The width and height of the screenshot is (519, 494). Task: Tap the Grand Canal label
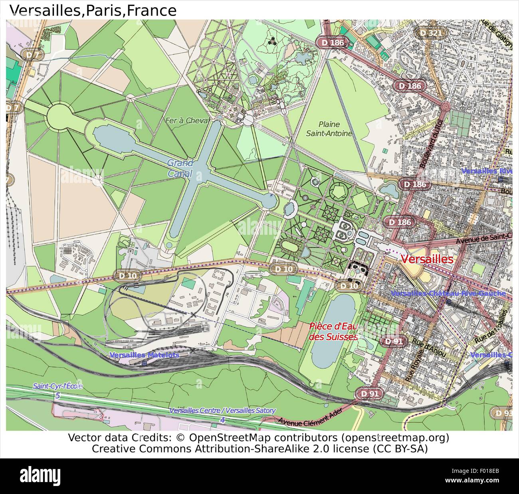click(180, 168)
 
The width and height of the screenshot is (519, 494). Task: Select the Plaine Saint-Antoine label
click(329, 129)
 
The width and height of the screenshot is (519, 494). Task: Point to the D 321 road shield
click(430, 33)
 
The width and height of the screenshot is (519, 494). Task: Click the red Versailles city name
click(427, 259)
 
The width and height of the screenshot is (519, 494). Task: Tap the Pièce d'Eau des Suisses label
click(333, 331)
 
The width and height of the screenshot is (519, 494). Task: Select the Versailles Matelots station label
click(144, 355)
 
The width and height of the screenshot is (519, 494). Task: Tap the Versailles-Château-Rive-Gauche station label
click(448, 293)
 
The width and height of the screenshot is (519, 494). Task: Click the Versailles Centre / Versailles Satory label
click(222, 411)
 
